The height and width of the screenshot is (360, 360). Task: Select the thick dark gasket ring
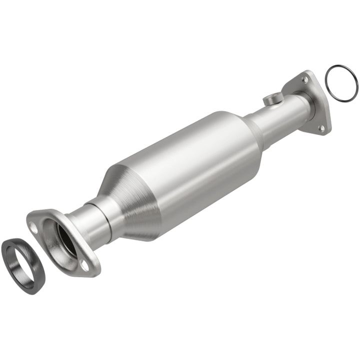[x=11, y=265]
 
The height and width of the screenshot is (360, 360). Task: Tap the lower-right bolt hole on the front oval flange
[x=84, y=265]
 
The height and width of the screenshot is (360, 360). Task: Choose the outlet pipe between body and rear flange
[x=280, y=117]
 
